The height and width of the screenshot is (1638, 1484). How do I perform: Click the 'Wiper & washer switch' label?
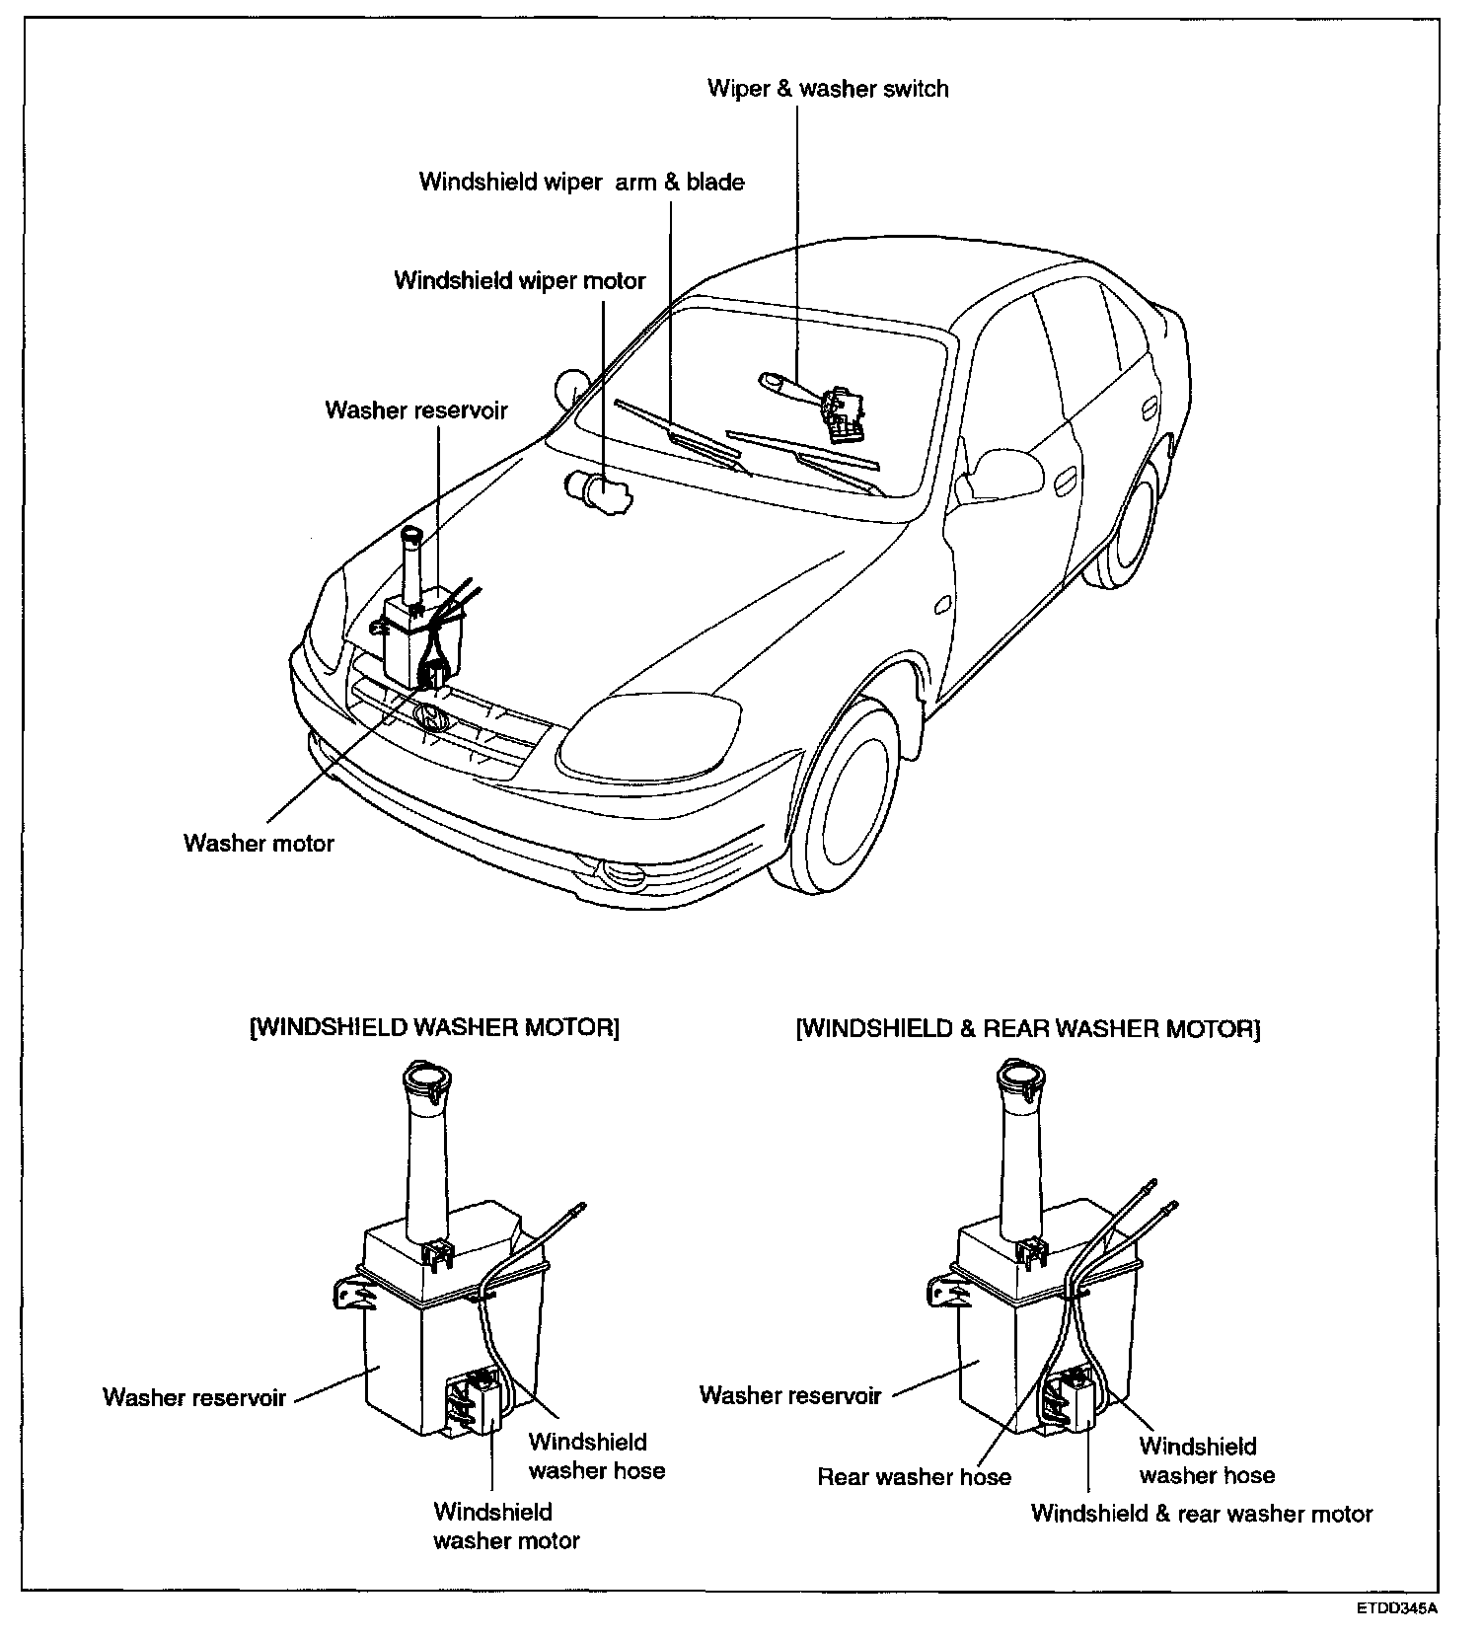828,89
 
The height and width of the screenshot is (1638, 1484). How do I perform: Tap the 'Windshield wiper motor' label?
519,281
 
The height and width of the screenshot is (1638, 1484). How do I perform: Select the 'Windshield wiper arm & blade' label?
581,183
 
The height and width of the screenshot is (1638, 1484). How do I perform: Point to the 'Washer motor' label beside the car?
259,844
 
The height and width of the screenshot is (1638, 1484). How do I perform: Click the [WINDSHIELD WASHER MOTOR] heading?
434,1028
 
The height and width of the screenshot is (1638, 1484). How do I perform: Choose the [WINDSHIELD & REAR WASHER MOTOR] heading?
1028,1029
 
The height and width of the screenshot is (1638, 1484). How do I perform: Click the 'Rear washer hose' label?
914,1477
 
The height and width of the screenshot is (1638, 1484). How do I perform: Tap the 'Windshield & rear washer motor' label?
1202,1514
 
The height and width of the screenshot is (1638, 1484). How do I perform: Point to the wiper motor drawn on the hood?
598,490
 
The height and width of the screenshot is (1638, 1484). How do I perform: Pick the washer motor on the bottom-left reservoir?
477,1401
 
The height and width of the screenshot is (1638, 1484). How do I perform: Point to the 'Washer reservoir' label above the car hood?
416,410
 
